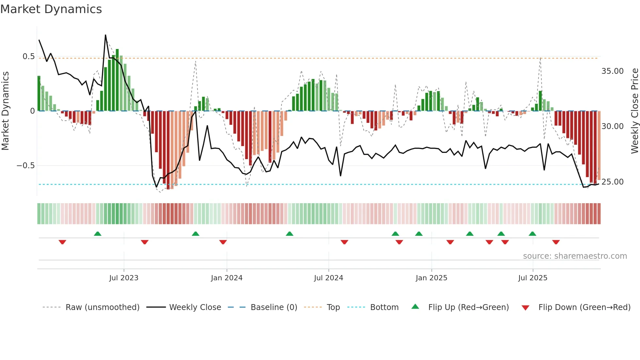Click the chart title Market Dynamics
coord(51,9)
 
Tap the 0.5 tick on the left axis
coord(28,57)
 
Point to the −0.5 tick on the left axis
coord(25,166)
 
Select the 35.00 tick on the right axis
coord(612,71)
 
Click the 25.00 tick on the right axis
coord(612,182)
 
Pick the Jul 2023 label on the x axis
coord(124,278)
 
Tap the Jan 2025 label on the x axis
coord(431,278)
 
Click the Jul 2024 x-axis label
coord(328,278)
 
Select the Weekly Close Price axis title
coord(634,111)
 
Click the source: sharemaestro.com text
coord(575,256)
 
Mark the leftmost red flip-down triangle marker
coord(62,242)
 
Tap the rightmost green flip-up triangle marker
coord(532,234)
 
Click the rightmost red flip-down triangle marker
coord(556,242)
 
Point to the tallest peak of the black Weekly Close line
coord(105,35)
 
